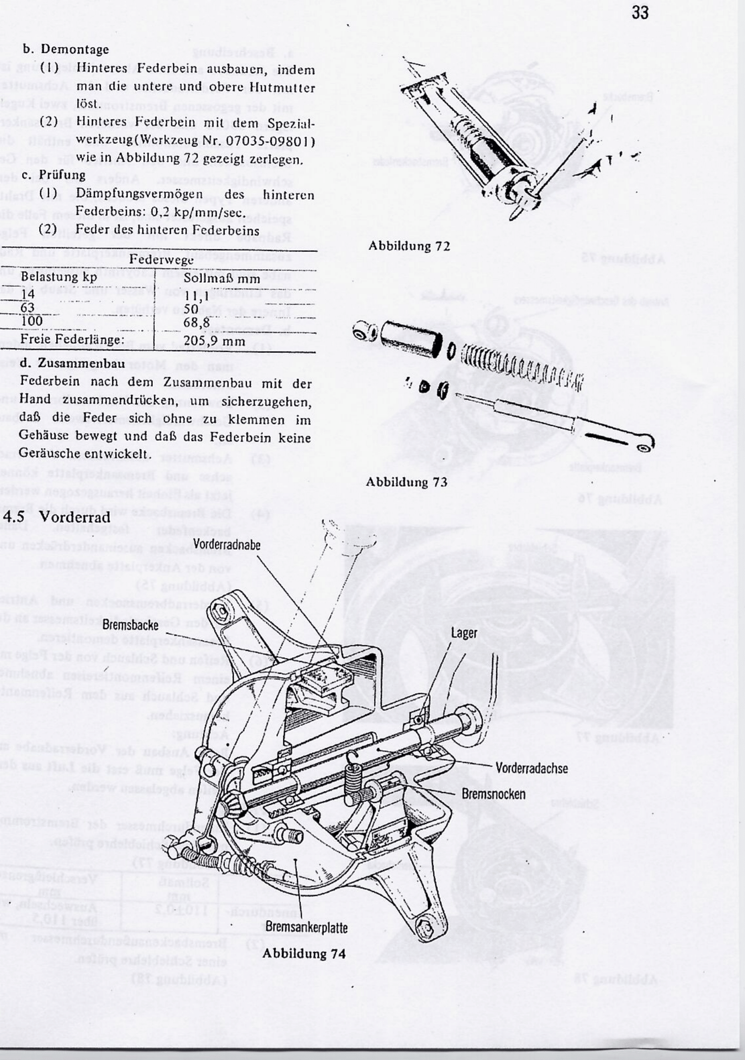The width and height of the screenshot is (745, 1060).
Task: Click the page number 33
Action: click(640, 13)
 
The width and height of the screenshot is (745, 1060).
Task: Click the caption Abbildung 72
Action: click(409, 246)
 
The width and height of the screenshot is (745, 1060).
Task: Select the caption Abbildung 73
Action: click(406, 482)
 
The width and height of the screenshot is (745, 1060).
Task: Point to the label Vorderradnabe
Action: click(227, 544)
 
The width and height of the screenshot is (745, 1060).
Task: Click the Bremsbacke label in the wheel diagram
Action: click(130, 625)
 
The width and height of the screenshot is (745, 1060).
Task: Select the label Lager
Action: click(464, 633)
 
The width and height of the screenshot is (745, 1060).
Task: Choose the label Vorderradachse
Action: click(531, 768)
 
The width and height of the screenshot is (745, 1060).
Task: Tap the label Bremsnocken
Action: click(493, 794)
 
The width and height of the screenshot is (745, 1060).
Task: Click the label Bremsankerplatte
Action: click(307, 928)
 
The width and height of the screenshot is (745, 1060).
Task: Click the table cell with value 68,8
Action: click(197, 323)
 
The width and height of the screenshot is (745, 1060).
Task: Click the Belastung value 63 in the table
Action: click(28, 308)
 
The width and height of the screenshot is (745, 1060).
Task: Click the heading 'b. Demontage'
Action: click(65, 49)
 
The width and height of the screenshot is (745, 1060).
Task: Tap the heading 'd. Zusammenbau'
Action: click(72, 363)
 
